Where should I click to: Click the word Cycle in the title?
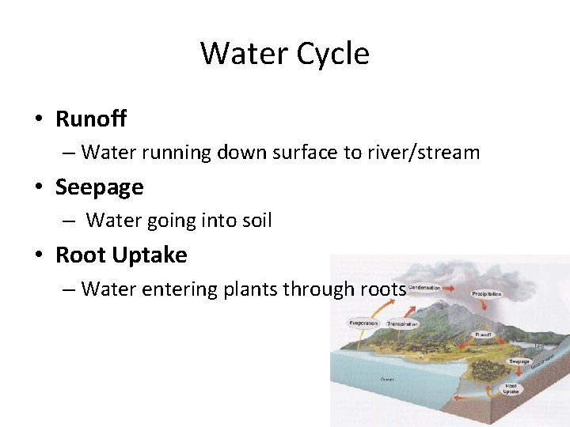point(332,54)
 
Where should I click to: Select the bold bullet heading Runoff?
point(91,119)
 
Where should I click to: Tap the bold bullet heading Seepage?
point(100,187)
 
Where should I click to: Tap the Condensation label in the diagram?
point(424,287)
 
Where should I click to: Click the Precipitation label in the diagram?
point(486,294)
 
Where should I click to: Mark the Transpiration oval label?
point(402,324)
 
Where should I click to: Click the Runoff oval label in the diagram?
point(483,335)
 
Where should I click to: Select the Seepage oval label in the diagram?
point(519,361)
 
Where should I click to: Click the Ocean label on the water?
point(387,380)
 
